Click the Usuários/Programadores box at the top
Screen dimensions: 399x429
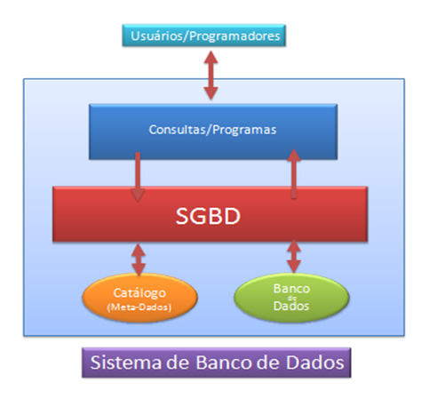[206, 36]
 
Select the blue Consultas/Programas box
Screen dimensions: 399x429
[212, 131]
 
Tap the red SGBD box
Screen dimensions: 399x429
[210, 214]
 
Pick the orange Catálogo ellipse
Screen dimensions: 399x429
[139, 298]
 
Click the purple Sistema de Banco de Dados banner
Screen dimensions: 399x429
[213, 363]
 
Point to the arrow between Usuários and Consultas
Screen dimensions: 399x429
[211, 76]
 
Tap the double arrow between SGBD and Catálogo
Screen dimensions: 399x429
[139, 259]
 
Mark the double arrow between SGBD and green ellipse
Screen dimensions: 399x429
[293, 258]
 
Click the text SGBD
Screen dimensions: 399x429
[210, 215]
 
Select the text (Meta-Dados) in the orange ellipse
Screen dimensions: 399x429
[139, 307]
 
